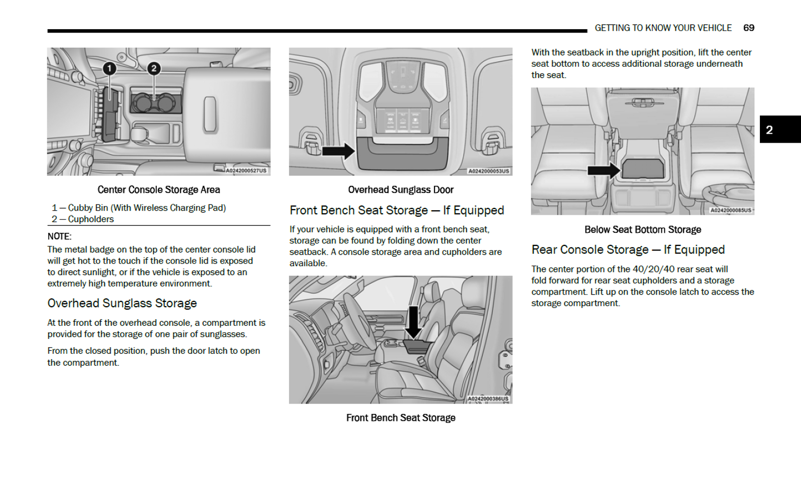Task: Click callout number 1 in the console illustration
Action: (x=109, y=68)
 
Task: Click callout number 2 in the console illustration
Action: (x=154, y=68)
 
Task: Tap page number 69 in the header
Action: (x=748, y=28)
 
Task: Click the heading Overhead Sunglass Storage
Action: (x=122, y=303)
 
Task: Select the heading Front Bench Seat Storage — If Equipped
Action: (x=396, y=210)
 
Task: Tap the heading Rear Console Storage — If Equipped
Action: (x=628, y=250)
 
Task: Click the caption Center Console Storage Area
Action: (x=158, y=190)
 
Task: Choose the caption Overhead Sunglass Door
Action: (x=400, y=190)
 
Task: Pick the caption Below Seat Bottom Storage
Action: (x=643, y=230)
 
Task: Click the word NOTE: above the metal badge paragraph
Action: (x=59, y=237)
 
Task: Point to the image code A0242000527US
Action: (x=246, y=170)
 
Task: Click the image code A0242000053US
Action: (x=489, y=171)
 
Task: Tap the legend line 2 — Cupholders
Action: (x=83, y=219)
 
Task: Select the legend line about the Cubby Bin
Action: (x=139, y=208)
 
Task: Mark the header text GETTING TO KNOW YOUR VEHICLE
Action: (x=663, y=28)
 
